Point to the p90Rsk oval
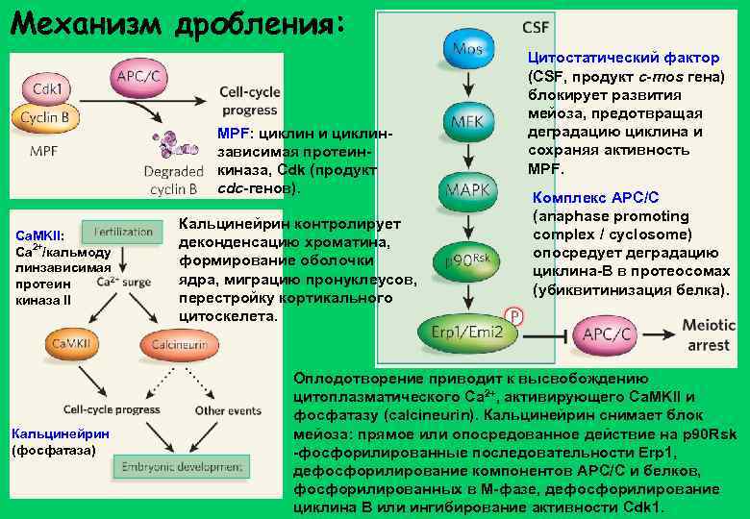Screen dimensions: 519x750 467,260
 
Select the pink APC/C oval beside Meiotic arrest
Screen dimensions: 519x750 608,334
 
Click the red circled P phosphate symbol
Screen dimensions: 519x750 515,316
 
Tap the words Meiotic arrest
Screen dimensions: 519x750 709,334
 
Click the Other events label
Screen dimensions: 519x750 221,409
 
